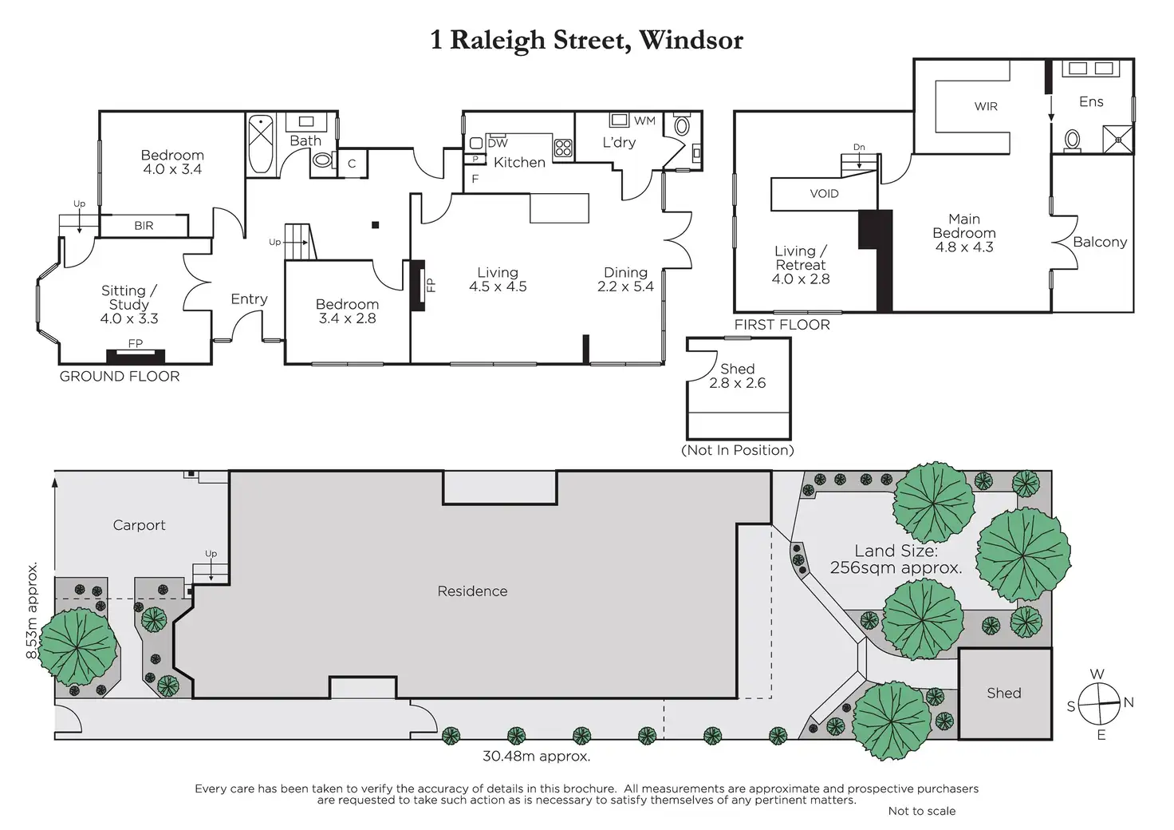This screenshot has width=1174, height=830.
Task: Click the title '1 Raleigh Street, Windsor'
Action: (586, 40)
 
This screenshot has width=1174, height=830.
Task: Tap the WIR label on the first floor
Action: (986, 106)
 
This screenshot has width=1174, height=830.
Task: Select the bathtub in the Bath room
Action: (260, 145)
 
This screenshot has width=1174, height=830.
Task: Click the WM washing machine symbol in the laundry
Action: (619, 121)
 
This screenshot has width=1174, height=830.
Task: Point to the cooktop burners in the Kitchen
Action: (563, 148)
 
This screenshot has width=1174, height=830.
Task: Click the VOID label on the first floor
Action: (824, 194)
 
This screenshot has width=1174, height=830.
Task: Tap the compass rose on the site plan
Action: (1101, 705)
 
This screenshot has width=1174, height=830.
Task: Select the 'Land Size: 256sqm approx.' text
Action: (896, 559)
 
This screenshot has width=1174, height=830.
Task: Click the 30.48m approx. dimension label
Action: (536, 756)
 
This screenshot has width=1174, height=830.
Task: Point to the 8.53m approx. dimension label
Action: (32, 611)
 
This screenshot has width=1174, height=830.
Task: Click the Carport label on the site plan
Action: (139, 525)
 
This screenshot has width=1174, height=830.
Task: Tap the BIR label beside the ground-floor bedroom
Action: (144, 226)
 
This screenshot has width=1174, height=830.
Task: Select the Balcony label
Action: (1100, 242)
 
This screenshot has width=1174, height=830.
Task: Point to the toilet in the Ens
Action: (1073, 141)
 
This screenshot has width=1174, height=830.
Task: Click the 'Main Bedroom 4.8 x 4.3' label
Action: (964, 232)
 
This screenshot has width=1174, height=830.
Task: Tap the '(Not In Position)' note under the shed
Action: (738, 450)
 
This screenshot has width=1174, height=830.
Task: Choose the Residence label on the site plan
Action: (472, 591)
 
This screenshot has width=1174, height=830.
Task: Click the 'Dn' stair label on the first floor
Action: (859, 148)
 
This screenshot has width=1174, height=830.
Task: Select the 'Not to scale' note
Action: (921, 811)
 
